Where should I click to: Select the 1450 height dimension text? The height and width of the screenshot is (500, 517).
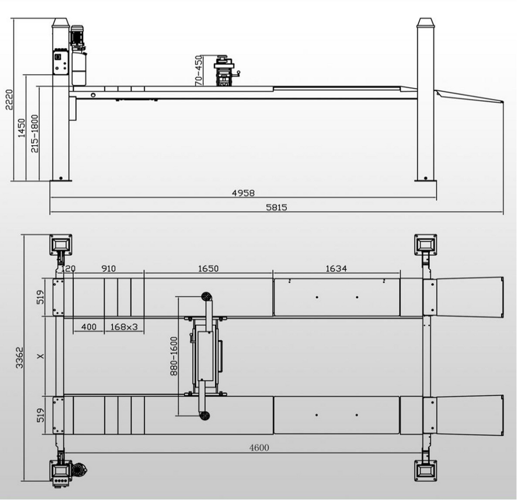click(x=21, y=127)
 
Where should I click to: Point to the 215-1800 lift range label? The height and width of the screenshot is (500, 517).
click(x=34, y=134)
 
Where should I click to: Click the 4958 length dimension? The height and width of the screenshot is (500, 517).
click(x=243, y=193)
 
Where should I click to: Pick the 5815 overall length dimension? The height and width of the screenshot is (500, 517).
click(x=276, y=207)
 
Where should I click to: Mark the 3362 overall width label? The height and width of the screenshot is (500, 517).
click(x=19, y=358)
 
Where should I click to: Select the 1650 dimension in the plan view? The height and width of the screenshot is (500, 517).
click(x=208, y=269)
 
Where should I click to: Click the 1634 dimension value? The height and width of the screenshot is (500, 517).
click(x=336, y=269)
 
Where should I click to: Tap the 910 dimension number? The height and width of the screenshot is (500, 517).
click(x=108, y=269)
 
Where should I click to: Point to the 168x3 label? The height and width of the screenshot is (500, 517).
click(x=124, y=327)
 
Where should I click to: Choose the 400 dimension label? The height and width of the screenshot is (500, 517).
click(x=89, y=327)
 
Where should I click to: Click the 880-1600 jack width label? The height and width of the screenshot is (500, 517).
click(x=174, y=355)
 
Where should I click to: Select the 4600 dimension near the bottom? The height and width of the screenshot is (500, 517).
click(x=259, y=448)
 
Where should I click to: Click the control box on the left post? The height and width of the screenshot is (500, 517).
click(x=60, y=62)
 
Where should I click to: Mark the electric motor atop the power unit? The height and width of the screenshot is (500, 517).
click(x=78, y=37)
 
